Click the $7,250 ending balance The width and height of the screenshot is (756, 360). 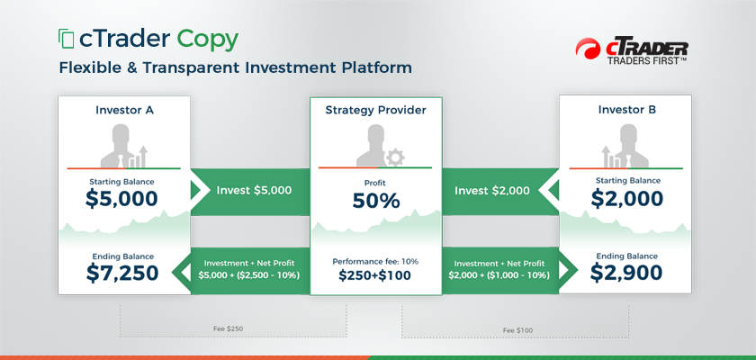122,273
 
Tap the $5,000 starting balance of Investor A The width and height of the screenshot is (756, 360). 121,199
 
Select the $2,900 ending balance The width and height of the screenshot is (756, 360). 626,273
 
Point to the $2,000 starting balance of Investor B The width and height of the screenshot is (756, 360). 626,199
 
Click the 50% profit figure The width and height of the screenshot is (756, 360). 376,201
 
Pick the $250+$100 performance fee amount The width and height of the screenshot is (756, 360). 374,275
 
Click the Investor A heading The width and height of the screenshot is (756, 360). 124,110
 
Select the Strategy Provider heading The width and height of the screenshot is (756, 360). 375,111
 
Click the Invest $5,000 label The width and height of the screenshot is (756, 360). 254,191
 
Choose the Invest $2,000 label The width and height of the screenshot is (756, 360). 491,191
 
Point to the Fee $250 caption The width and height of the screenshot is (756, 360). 228,328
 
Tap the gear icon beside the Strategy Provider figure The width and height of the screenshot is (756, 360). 395,157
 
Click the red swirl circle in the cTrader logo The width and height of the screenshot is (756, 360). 588,49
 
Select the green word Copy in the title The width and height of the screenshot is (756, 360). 207,40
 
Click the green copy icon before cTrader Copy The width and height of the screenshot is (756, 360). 66,39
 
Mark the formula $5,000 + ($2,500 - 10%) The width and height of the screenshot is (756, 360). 249,276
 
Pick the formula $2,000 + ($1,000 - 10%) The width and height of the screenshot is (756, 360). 499,276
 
